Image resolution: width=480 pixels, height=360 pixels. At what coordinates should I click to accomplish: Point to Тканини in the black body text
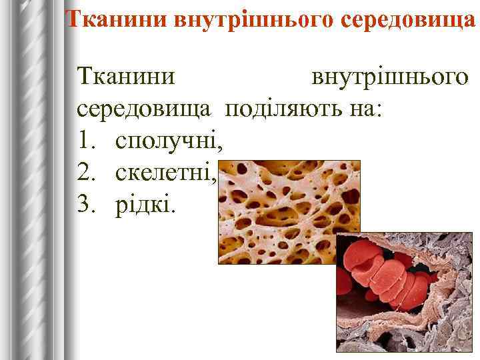point(127,77)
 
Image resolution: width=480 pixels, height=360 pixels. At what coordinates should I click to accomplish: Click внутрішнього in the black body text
point(390,77)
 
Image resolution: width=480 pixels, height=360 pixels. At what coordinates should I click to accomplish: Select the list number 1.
point(83,141)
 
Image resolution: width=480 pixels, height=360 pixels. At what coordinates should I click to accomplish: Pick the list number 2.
point(83,173)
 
